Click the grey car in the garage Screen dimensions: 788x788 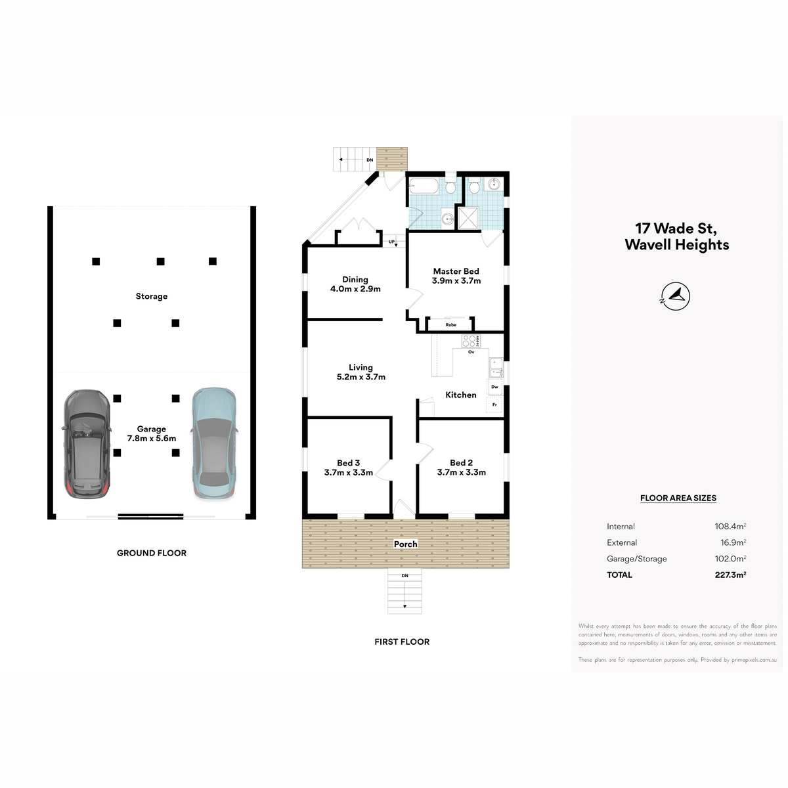[86, 444]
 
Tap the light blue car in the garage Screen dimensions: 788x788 [214, 443]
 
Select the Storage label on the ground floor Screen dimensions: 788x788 [152, 296]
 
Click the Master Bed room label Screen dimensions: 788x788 [456, 276]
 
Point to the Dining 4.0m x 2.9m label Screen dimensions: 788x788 [355, 284]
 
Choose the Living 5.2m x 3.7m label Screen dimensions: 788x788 [361, 372]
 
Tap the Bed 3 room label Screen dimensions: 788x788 [349, 468]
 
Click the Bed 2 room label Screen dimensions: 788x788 [462, 468]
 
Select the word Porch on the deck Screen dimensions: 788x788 [406, 544]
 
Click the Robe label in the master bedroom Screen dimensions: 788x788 [451, 324]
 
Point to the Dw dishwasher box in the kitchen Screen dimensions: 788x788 [495, 387]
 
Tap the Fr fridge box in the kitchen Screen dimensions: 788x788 [495, 405]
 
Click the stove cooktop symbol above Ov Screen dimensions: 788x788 [471, 341]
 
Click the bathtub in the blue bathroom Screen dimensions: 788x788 [424, 187]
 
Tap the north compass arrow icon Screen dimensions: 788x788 [676, 296]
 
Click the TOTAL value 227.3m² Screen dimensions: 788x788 [731, 575]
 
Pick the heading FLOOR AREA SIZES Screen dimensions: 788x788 [678, 498]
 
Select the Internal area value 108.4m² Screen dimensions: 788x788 [731, 526]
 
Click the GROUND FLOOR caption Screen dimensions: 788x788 [152, 554]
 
